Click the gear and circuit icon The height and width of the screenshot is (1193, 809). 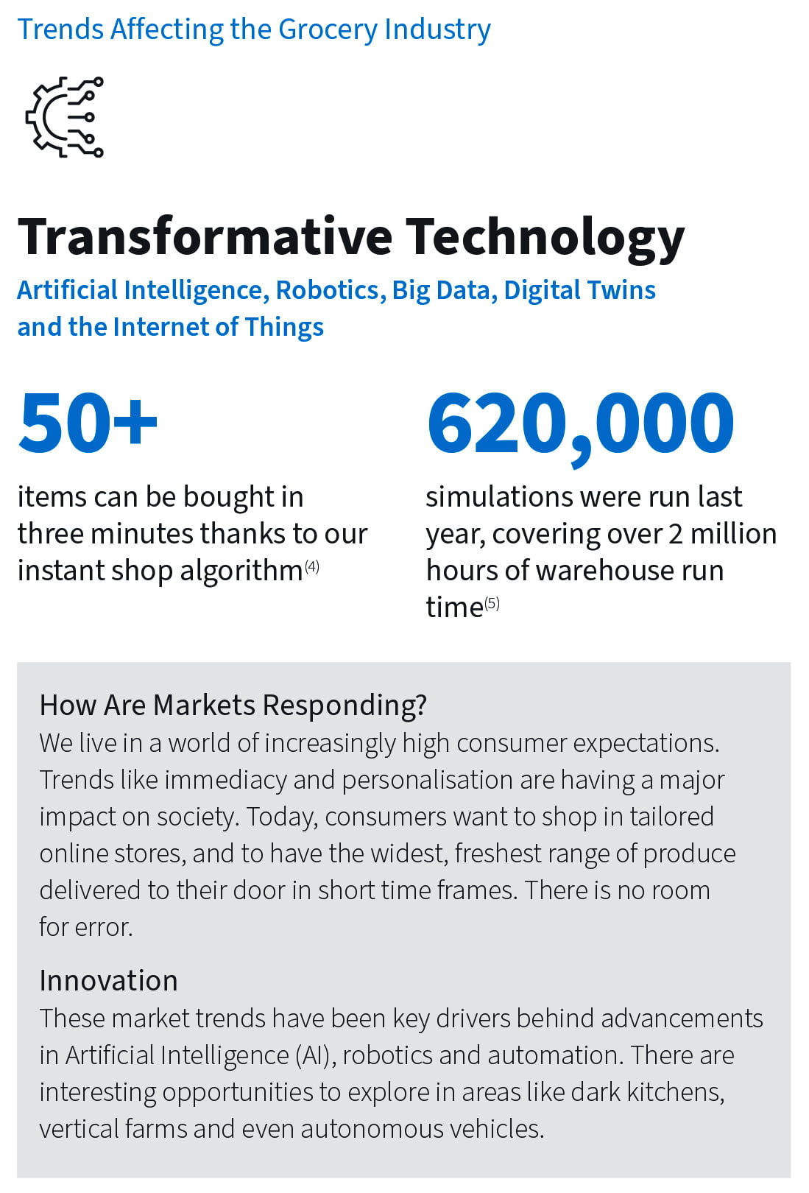[64, 116]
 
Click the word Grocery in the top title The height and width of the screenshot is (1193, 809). [328, 30]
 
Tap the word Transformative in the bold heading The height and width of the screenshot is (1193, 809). [205, 237]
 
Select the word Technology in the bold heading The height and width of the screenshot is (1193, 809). [545, 239]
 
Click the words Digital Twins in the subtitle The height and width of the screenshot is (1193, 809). [579, 291]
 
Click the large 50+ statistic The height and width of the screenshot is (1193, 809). [88, 423]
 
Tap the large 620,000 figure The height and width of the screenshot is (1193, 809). [580, 426]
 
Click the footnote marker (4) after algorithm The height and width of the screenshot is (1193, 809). [312, 567]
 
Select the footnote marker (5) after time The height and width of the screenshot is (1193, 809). [492, 603]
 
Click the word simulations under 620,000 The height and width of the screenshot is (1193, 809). [498, 497]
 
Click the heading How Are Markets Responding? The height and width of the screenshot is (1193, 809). [233, 705]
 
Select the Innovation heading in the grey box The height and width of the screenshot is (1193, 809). [108, 980]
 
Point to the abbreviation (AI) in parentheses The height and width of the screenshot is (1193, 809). [316, 1055]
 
